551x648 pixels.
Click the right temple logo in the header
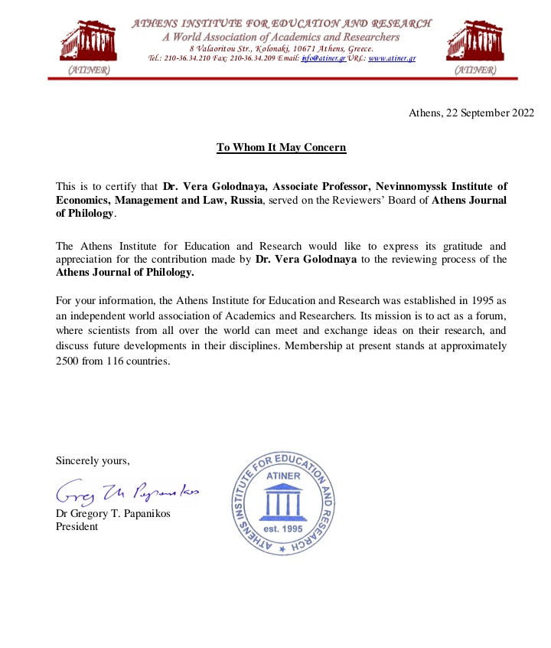click(x=474, y=41)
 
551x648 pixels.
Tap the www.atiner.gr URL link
click(x=392, y=58)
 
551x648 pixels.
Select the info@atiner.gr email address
click(x=324, y=58)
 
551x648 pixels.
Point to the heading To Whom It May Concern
click(x=281, y=147)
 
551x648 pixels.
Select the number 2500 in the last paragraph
click(x=69, y=362)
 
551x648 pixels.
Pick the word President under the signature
click(x=77, y=526)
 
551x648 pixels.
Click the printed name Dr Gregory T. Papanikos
click(x=113, y=512)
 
